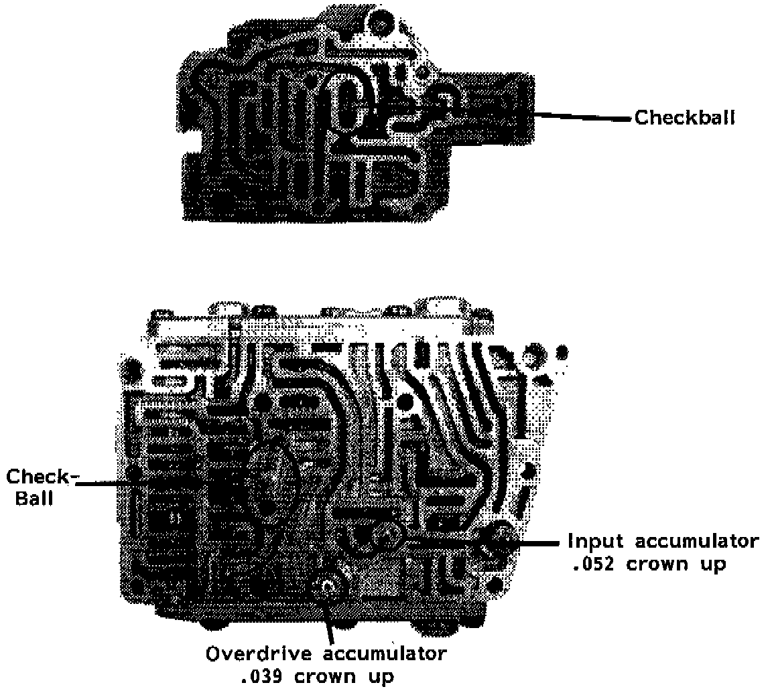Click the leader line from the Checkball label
583,118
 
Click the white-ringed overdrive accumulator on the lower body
328,587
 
